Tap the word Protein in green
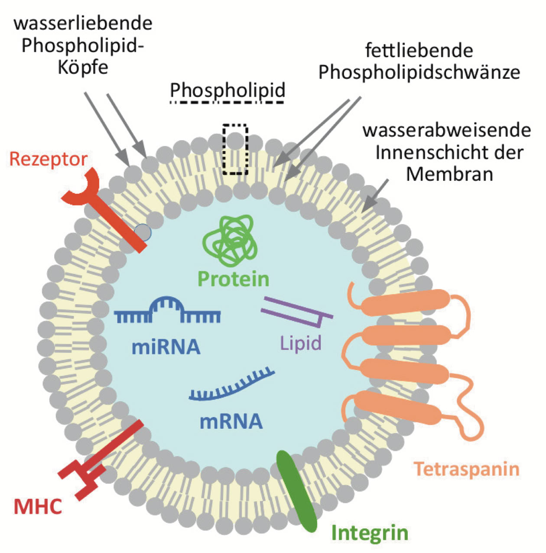coord(234,279)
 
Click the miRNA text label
coord(166,347)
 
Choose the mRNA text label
coord(231,421)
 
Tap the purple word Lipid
coord(301,343)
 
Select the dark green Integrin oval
coord(297,491)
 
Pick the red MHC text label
coord(38,507)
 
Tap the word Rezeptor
coord(48,159)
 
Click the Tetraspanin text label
coord(467,469)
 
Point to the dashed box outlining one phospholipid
coord(235,149)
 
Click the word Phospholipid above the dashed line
coord(227,90)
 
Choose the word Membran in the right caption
coord(449,174)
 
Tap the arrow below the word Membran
coord(374,195)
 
